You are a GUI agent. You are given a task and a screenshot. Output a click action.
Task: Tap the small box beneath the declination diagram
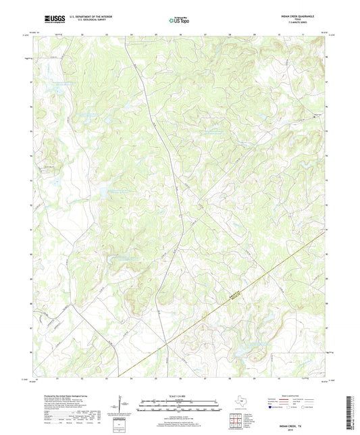(122, 423)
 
